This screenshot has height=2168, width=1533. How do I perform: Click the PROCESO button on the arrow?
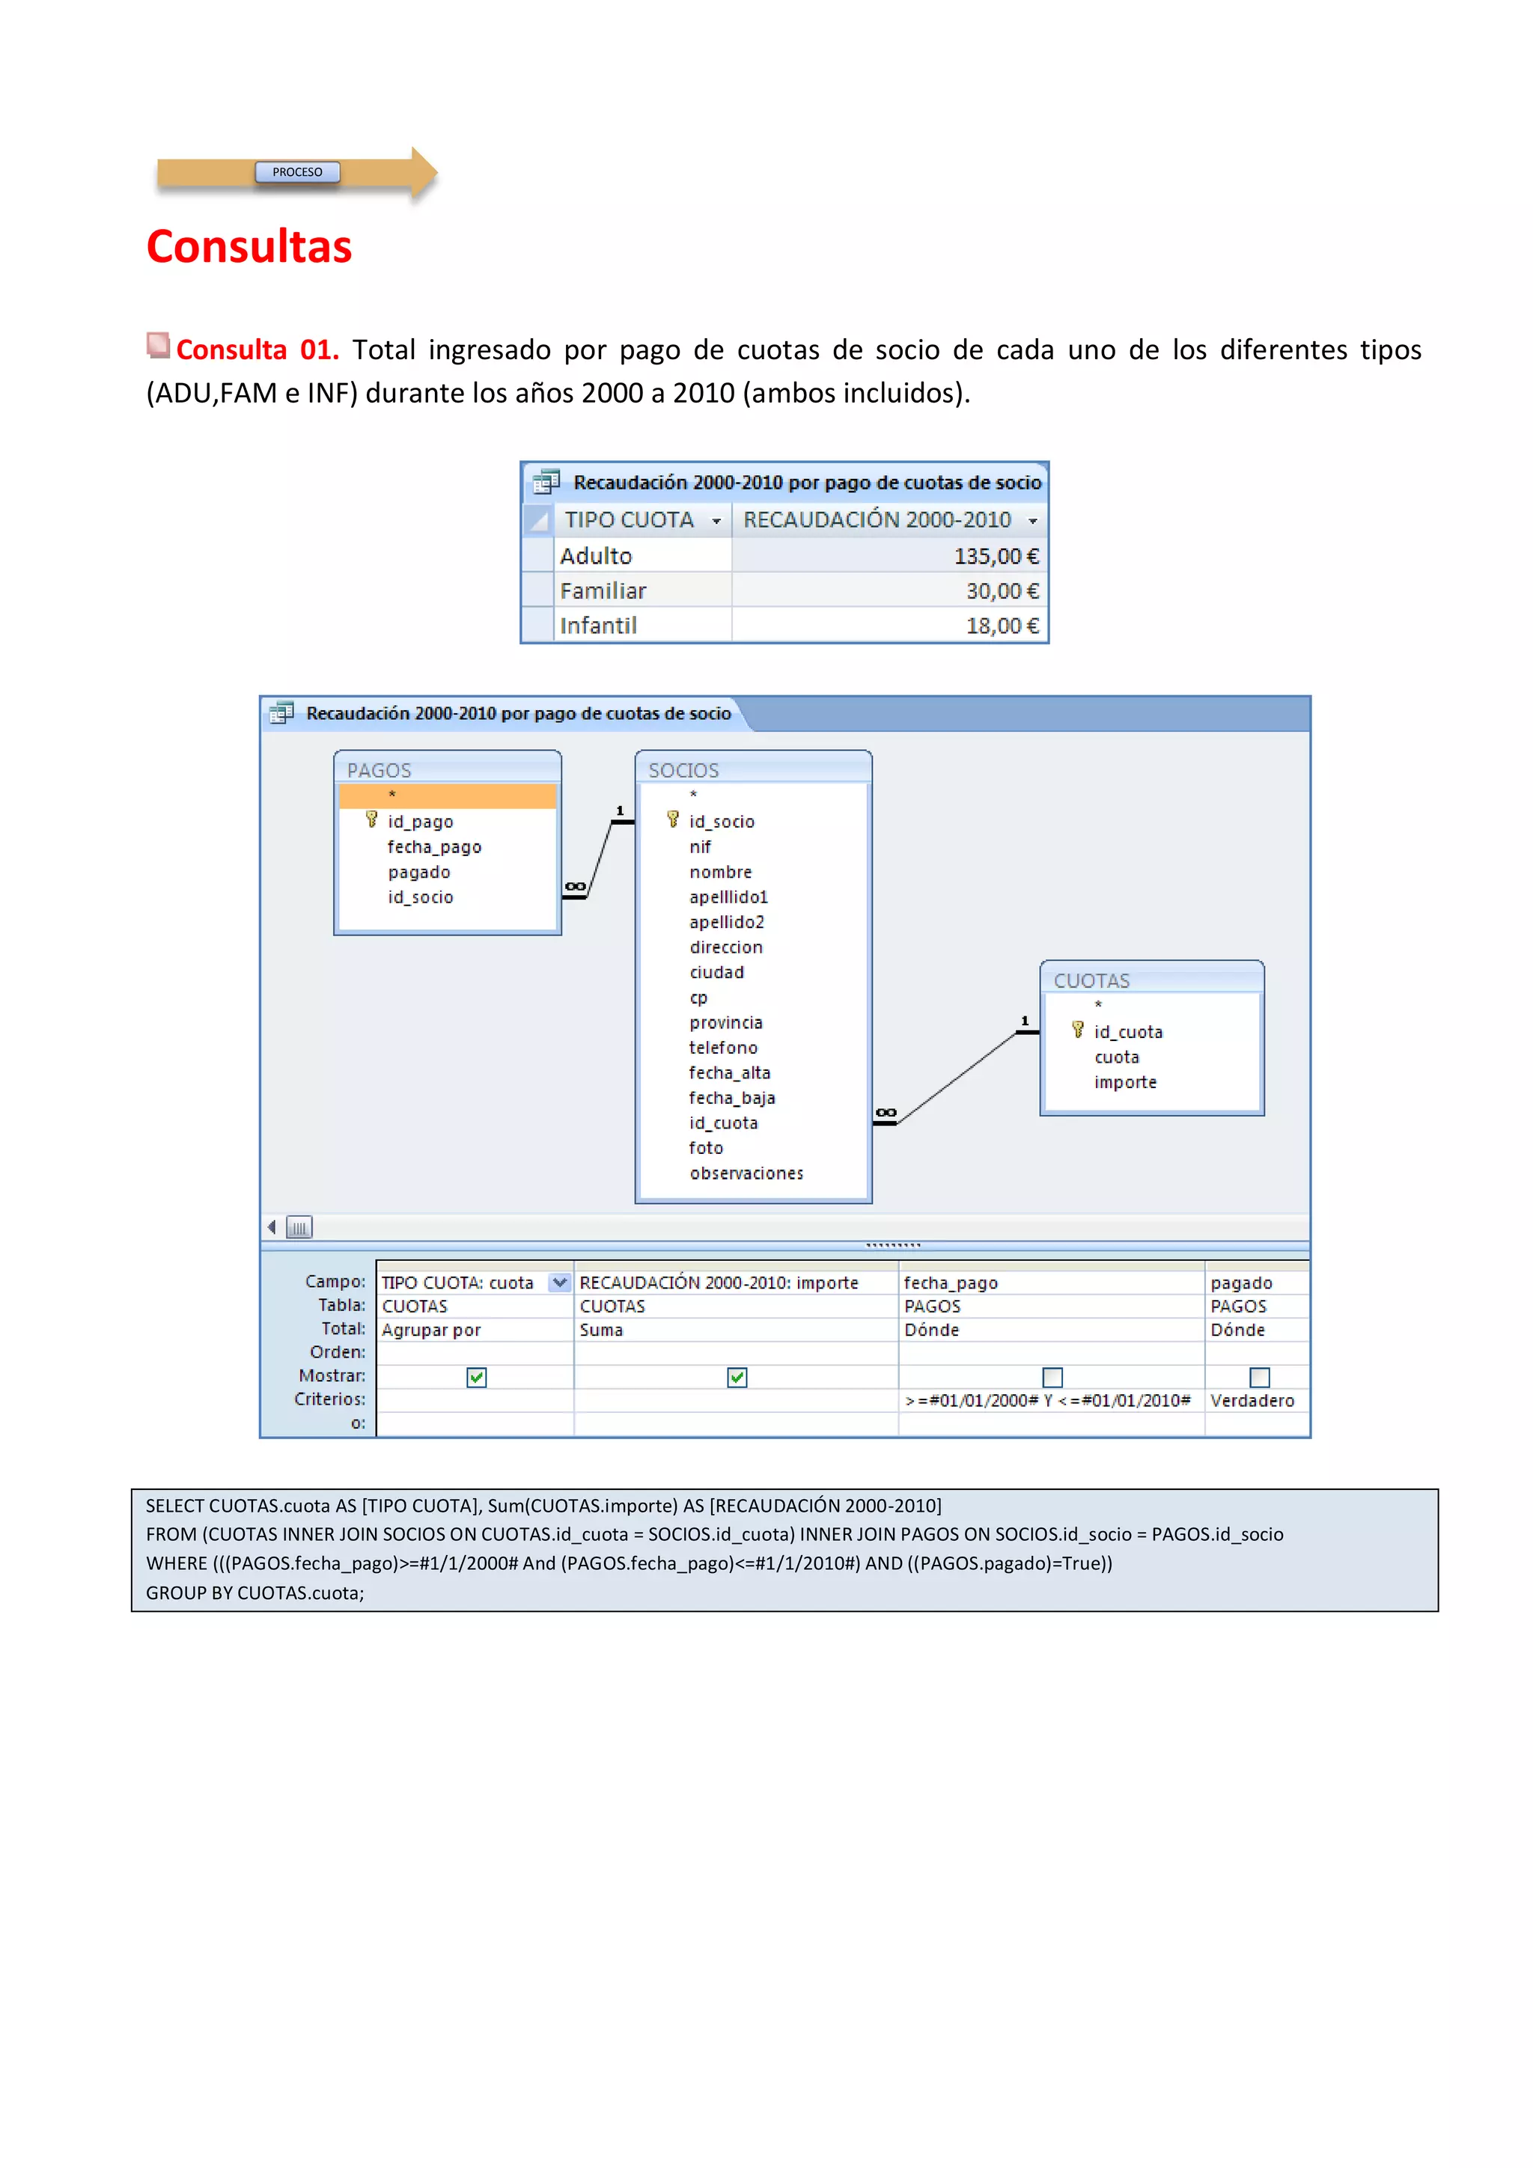point(296,172)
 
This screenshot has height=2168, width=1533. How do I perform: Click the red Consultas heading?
point(249,246)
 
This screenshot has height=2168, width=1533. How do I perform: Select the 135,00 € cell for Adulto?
point(996,556)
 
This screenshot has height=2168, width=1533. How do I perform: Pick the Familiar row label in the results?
point(603,591)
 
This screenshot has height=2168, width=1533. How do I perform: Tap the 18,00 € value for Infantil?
point(1002,626)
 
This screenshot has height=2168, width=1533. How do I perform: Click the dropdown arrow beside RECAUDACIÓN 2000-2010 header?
point(1032,521)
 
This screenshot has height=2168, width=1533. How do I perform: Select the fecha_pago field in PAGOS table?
point(433,847)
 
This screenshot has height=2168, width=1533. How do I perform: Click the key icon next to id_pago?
point(371,819)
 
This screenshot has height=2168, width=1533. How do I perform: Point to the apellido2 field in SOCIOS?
point(726,921)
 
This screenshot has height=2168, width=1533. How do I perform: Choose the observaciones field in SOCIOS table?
point(746,1173)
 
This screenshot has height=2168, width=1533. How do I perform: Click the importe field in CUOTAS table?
point(1125,1082)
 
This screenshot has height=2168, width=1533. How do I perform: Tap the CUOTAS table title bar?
point(1150,980)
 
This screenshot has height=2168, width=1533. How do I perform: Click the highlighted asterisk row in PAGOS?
point(448,795)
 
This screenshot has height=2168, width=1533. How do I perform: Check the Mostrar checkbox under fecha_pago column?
point(1052,1378)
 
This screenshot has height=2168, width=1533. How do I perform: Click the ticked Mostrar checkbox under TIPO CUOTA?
point(476,1378)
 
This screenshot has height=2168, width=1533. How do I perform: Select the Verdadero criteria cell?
point(1252,1400)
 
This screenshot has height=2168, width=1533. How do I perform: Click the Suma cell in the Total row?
point(602,1330)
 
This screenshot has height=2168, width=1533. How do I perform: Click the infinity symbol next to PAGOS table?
point(574,887)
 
